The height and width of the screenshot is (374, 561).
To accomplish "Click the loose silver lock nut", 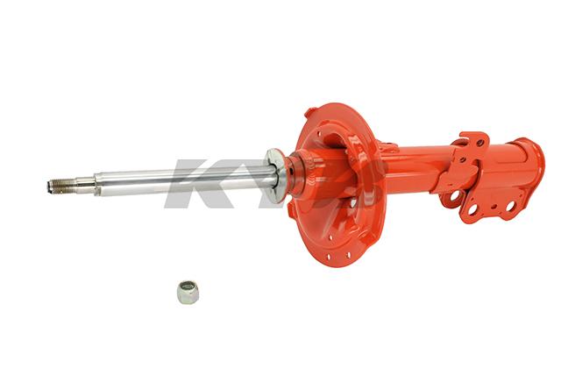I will pos(187,292).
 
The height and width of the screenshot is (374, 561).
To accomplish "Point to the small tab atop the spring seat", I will pos(311,112).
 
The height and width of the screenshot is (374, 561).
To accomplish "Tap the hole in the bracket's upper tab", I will pos(478,141).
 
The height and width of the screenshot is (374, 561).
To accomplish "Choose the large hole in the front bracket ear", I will pos(453,198).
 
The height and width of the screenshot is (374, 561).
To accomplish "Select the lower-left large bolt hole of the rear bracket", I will pos(472,210).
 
